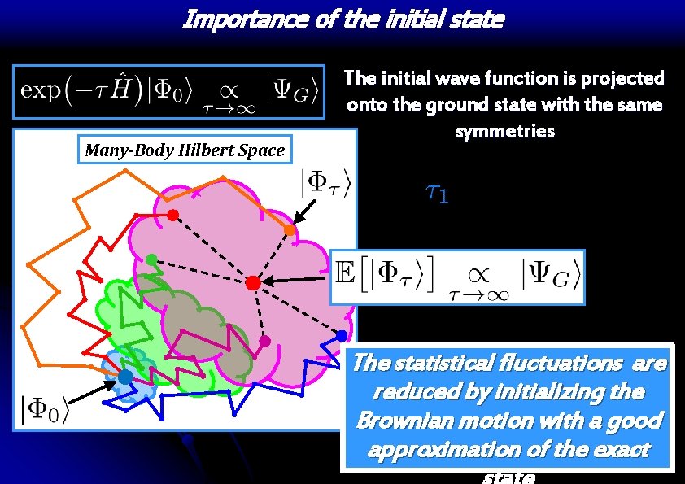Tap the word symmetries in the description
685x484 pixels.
coord(504,130)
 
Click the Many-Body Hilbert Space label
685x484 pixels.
coord(185,150)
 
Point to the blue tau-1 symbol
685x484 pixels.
coord(436,193)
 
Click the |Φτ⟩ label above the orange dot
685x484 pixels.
coord(327,185)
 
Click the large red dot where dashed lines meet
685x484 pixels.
coord(253,282)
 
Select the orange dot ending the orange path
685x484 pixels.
coord(289,231)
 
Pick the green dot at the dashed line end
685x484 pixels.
coord(151,259)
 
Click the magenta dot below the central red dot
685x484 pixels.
coord(263,341)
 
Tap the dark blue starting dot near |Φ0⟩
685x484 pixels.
coord(124,377)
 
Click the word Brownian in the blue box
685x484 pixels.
coord(398,421)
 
